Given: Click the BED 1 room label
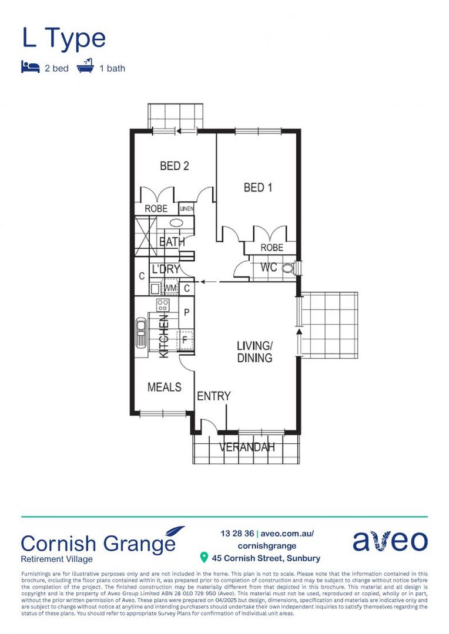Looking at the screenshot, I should tap(258, 188).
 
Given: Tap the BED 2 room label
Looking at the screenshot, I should tap(175, 166).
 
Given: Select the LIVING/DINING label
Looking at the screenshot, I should tap(254, 351).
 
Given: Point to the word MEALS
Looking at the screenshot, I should tap(164, 387).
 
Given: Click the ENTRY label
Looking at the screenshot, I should tap(213, 396).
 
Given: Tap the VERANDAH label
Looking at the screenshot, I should tap(247, 447).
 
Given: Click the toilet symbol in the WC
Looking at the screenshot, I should tap(289, 268).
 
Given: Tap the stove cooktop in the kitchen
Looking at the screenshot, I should tap(163, 305).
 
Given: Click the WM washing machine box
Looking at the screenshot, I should tap(170, 288).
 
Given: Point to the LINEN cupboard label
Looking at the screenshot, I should tap(187, 208).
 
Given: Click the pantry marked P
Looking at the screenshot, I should tap(186, 312).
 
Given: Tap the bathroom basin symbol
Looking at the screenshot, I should tap(176, 223).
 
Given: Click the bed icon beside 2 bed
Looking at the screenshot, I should tap(30, 67).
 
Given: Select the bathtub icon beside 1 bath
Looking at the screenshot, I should tap(86, 66).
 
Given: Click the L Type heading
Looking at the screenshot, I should tap(64, 38).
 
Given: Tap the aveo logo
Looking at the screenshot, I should tap(390, 541).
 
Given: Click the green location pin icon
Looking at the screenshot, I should tap(204, 557).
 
